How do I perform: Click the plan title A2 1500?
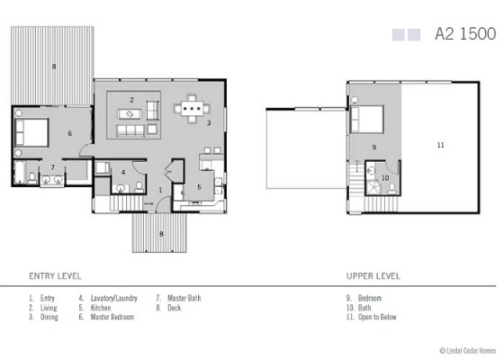pyautogui.click(x=464, y=34)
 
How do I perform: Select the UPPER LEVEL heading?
pyautogui.click(x=373, y=276)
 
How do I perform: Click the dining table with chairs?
pyautogui.click(x=190, y=111)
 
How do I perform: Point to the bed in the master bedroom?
pyautogui.click(x=31, y=135)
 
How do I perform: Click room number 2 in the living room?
pyautogui.click(x=131, y=99)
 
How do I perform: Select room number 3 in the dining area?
pyautogui.click(x=209, y=122)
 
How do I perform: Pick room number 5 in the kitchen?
pyautogui.click(x=199, y=187)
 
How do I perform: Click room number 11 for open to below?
pyautogui.click(x=441, y=144)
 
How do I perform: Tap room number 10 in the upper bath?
pyautogui.click(x=385, y=177)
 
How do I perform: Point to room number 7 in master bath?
pyautogui.click(x=53, y=167)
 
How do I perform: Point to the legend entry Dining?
pyautogui.click(x=45, y=317)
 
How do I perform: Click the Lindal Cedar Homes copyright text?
pyautogui.click(x=467, y=351)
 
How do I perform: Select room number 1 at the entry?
pyautogui.click(x=160, y=190)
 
